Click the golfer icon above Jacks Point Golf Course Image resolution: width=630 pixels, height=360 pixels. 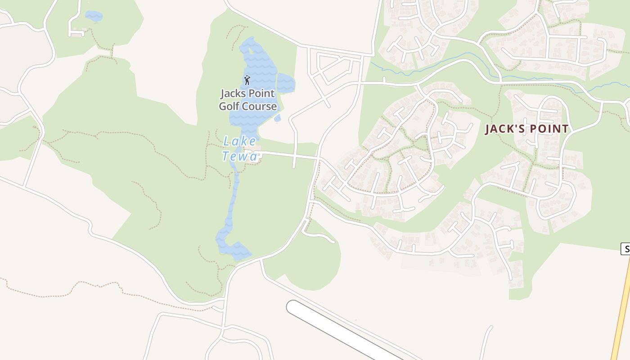[247, 80]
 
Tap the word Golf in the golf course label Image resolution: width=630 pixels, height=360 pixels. [229, 107]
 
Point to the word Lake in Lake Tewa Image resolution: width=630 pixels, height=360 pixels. [239, 141]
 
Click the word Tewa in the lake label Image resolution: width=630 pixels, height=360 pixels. [240, 156]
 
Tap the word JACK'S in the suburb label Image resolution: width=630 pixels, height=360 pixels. [504, 129]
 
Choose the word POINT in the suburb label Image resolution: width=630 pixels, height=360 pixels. [549, 129]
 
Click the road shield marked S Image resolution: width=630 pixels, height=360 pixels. [625, 248]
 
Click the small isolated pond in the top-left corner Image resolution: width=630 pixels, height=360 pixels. [94, 16]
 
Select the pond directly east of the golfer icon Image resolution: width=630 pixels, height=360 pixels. [285, 83]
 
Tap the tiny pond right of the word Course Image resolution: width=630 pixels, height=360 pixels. [278, 118]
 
